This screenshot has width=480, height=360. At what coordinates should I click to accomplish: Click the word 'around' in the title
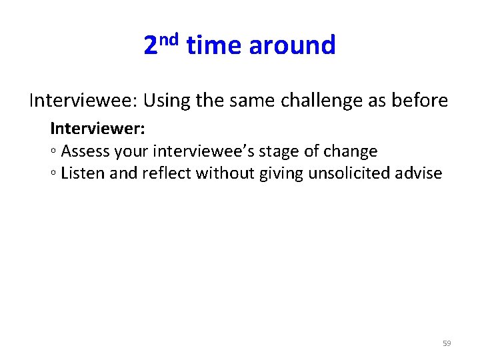coord(292,46)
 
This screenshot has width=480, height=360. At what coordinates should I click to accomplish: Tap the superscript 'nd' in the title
coord(169,39)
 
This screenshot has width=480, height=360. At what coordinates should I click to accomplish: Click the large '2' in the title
coord(151,46)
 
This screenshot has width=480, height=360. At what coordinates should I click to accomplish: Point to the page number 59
coord(447,343)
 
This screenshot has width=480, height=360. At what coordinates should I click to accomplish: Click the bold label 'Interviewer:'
coord(97,127)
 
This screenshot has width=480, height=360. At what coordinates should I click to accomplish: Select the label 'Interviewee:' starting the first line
coord(83,101)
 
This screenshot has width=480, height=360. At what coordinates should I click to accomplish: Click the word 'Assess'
coord(85,151)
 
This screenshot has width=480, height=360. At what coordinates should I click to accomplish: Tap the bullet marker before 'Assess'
coord(53,153)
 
